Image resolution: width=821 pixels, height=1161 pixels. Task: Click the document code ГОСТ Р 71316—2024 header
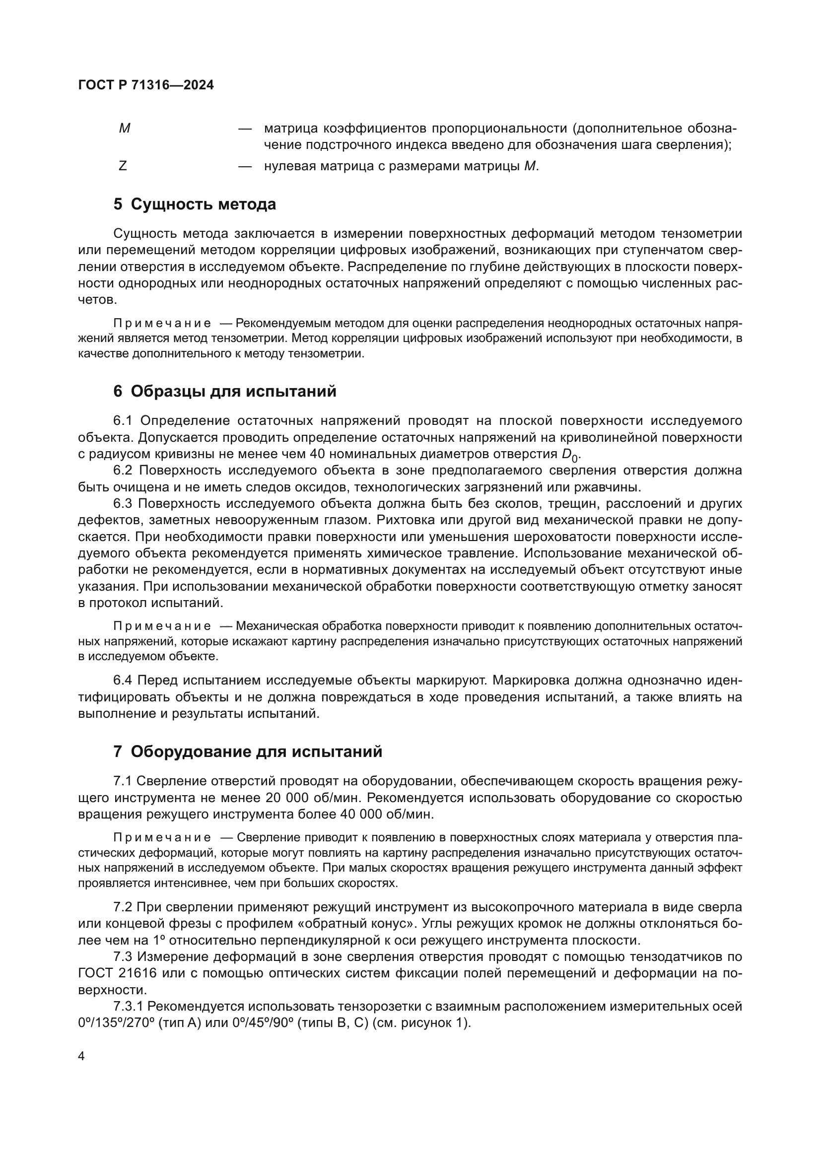click(146, 85)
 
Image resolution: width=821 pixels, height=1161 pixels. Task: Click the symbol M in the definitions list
click(125, 129)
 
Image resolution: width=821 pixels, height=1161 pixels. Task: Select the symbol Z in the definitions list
click(122, 165)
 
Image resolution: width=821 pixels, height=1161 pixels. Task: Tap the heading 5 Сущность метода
click(195, 205)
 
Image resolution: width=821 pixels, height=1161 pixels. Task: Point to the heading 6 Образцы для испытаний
click(224, 391)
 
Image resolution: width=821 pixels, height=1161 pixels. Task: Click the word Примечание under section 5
click(162, 323)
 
